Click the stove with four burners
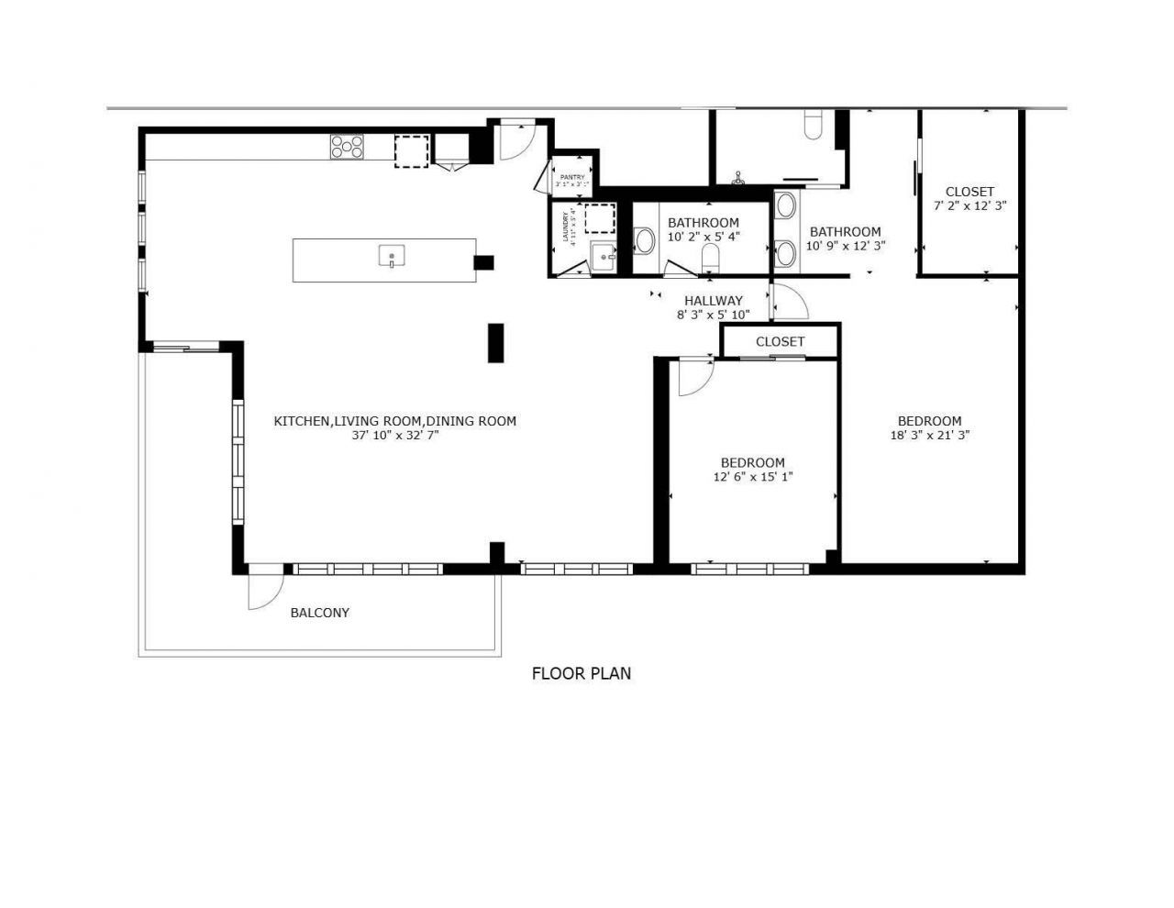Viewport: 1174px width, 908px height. pos(347,147)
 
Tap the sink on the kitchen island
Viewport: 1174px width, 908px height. pos(392,256)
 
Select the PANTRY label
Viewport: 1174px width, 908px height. pos(572,177)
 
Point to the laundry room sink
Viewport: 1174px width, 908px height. pos(604,258)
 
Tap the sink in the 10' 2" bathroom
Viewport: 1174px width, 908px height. pos(645,241)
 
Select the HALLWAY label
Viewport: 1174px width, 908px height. pos(714,300)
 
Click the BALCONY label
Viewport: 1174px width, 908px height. pos(319,613)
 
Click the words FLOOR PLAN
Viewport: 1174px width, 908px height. pos(581,673)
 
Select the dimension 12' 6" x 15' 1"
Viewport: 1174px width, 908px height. pos(752,477)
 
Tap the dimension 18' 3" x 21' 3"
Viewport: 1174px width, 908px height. pos(930,436)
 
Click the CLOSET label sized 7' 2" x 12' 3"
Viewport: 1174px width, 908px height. pos(969,192)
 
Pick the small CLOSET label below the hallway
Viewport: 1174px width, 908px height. pos(780,341)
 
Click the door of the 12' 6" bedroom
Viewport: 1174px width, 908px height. pos(695,376)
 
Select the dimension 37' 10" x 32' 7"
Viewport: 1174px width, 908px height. pos(395,436)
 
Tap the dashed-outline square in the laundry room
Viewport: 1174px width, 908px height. pos(600,220)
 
